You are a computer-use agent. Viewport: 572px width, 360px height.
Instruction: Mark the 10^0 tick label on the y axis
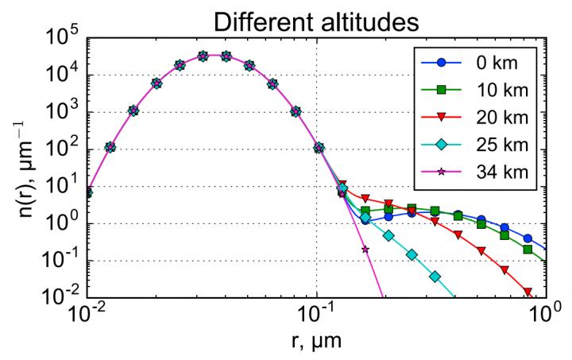tap(61, 223)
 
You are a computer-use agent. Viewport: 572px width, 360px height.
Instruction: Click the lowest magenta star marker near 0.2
tap(365, 249)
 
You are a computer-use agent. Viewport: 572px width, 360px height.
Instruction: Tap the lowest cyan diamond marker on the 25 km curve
tap(435, 277)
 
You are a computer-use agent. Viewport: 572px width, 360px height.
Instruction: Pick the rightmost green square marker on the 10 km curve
tap(528, 250)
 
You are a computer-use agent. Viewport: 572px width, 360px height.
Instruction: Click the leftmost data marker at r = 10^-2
tap(88, 192)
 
